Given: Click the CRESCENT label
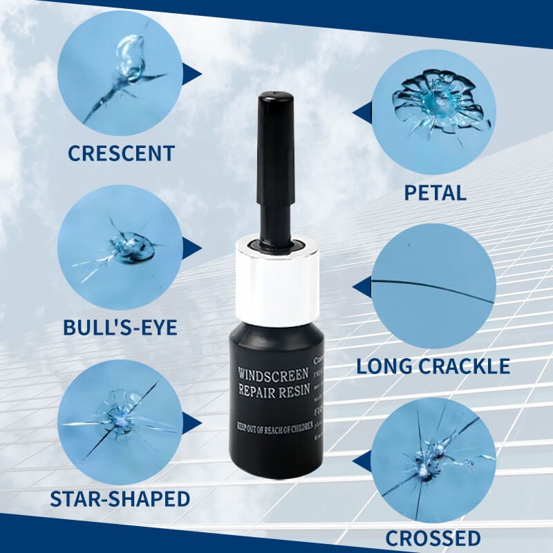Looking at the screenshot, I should pos(121,152).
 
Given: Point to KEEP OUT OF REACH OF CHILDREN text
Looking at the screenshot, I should pos(274,420).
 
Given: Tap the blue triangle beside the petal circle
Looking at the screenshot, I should pos(361,111).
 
